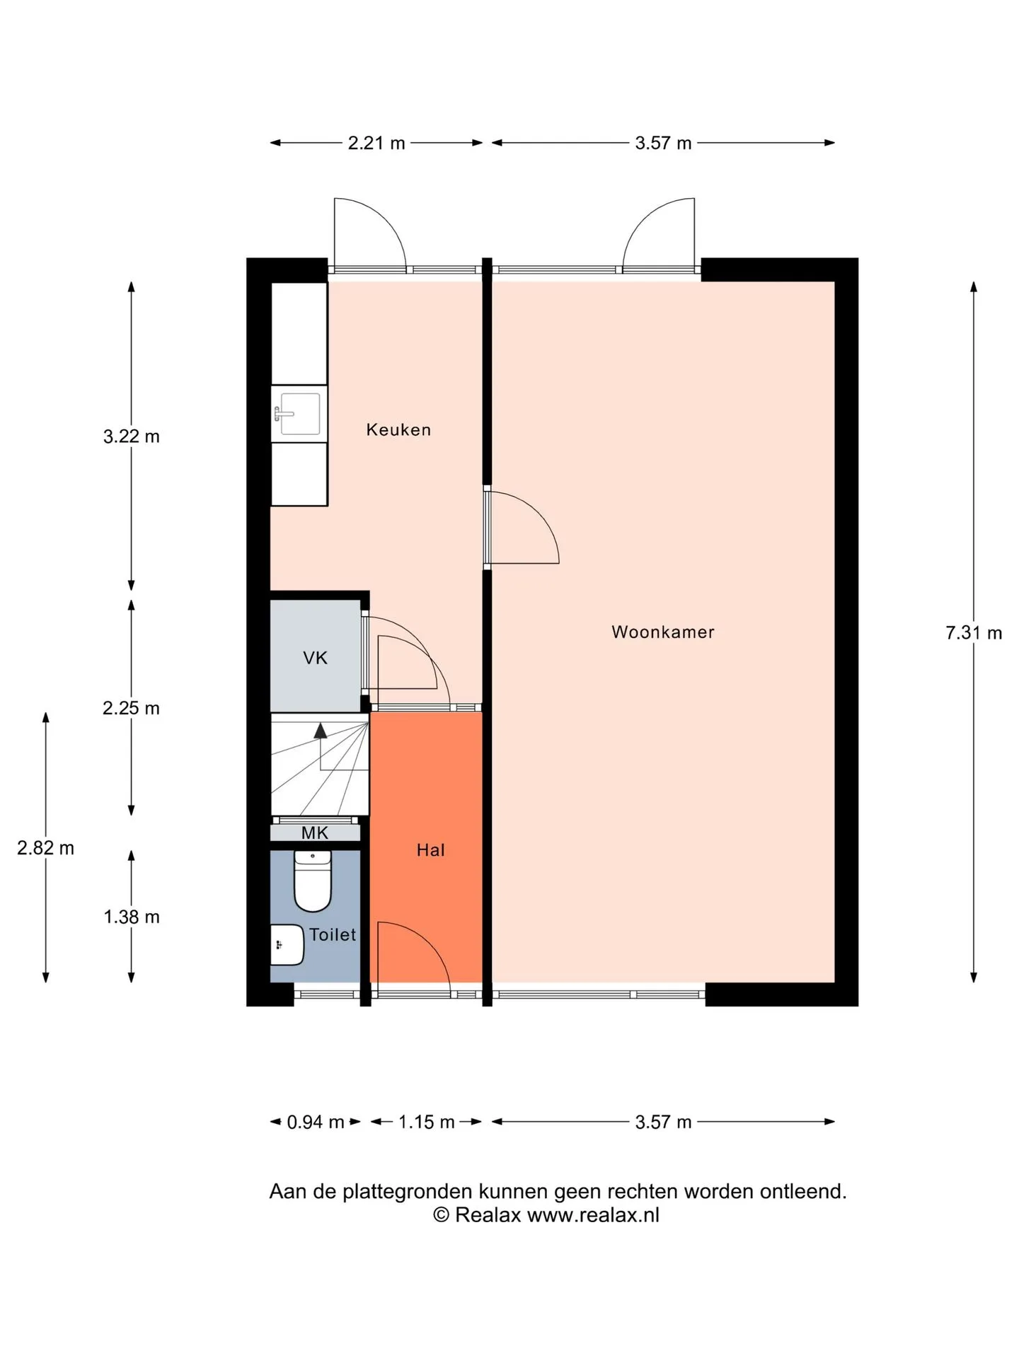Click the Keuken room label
click(x=398, y=429)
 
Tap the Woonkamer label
click(x=663, y=632)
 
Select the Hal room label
click(x=430, y=849)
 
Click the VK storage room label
click(x=315, y=658)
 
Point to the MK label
click(x=315, y=832)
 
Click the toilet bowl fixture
click(x=313, y=881)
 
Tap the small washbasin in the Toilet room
click(x=287, y=944)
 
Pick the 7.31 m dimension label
click(x=974, y=632)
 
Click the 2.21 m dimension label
click(x=376, y=143)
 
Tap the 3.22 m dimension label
click(x=132, y=436)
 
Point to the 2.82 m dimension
click(x=46, y=847)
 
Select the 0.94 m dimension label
click(x=316, y=1122)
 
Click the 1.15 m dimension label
click(x=426, y=1122)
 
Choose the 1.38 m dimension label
click(x=132, y=917)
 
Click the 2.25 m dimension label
click(x=132, y=708)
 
